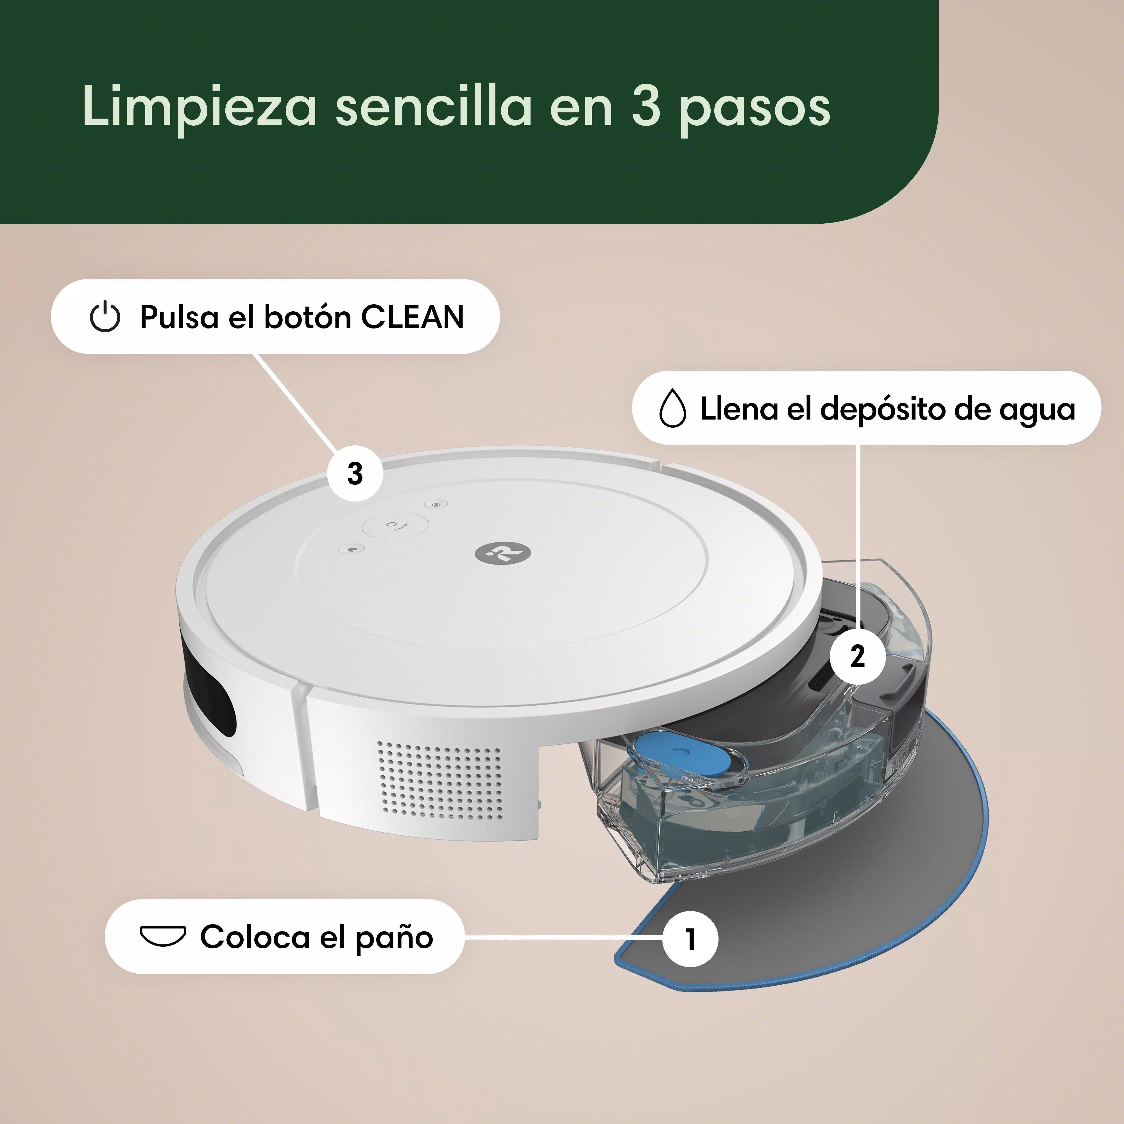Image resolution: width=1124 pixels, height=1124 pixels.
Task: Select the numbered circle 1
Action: pos(690,939)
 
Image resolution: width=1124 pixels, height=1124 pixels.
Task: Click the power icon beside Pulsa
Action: pos(105,317)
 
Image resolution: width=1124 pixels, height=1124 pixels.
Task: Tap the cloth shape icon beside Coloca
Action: pos(163,935)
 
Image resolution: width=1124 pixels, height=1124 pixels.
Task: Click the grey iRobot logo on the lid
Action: pos(503,553)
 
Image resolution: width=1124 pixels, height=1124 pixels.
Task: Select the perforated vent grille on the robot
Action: pos(439,779)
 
